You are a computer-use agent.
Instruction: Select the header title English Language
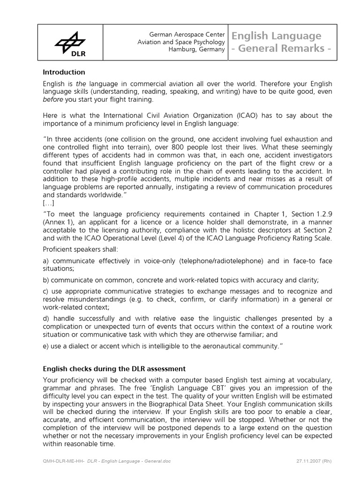click(x=276, y=36)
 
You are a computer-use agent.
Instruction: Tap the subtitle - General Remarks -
click(x=284, y=49)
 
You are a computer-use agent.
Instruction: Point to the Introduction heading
click(x=64, y=72)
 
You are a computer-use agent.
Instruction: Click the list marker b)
click(x=46, y=280)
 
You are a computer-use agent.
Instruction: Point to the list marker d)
click(x=46, y=319)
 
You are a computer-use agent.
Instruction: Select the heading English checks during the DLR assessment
click(x=114, y=369)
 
